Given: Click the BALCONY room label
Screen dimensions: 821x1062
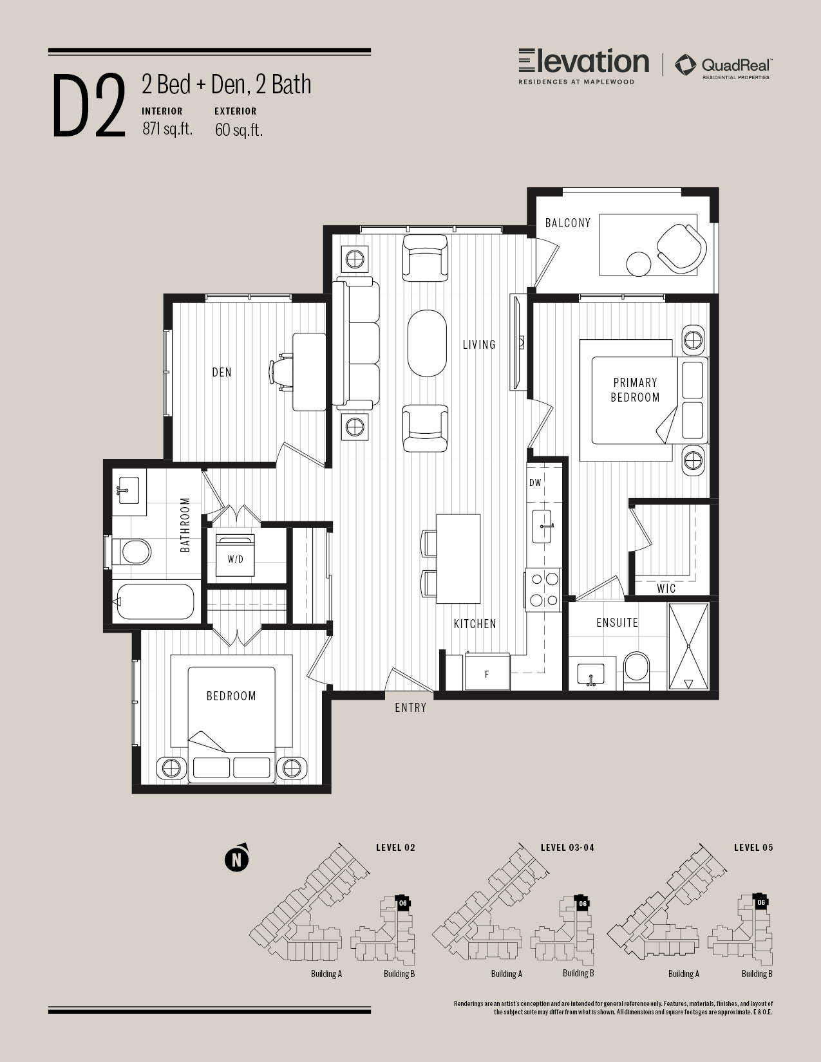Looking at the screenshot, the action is click(568, 223).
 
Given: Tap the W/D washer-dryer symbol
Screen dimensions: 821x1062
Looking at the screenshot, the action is click(235, 555).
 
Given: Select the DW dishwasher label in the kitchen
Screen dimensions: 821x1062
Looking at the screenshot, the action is click(536, 483).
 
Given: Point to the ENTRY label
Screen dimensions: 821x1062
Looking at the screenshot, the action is click(411, 707).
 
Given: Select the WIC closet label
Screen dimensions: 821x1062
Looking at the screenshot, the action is click(666, 588).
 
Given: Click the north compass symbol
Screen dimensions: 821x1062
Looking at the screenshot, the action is click(237, 858).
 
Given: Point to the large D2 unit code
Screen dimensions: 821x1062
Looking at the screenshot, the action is click(89, 106).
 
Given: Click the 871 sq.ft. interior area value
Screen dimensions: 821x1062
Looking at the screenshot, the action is click(167, 129).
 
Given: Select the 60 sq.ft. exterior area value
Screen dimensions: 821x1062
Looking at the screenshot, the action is click(239, 129).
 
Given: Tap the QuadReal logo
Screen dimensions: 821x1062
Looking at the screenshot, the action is click(723, 66).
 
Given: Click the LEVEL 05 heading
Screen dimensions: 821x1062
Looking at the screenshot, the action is click(753, 848).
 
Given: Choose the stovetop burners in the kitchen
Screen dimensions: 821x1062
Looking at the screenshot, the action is click(543, 590).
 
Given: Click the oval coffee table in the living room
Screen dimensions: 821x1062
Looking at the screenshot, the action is click(427, 343).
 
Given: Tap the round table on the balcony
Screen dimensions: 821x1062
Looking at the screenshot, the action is click(639, 264).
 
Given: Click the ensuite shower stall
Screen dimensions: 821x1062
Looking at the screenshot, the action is click(688, 646).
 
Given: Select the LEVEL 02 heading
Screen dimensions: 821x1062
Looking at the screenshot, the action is click(395, 848).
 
